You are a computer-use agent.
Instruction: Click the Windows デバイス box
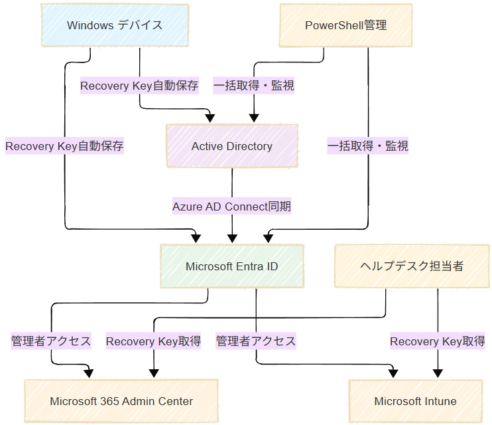(x=115, y=25)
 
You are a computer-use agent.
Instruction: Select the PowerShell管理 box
(x=345, y=25)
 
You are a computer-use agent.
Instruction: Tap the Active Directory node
(x=232, y=146)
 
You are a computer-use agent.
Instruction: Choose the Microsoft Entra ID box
(x=232, y=266)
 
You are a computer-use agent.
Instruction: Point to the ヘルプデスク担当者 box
(x=412, y=266)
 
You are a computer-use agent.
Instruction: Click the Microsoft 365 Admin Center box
(x=121, y=401)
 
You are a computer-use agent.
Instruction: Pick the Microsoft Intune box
(x=416, y=401)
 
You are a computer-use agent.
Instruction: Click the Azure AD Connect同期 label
(x=232, y=207)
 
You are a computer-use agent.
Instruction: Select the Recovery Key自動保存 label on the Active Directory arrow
(x=139, y=86)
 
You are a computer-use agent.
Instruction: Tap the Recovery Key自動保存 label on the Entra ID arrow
(x=64, y=146)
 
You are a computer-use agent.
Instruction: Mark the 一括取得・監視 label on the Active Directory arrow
(x=254, y=86)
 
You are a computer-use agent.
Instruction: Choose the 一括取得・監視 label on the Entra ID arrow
(x=368, y=146)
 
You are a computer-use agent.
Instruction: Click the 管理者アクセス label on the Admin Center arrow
(x=51, y=341)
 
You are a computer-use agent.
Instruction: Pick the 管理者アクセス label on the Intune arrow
(x=256, y=341)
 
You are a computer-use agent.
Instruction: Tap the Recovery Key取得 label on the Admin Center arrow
(x=153, y=341)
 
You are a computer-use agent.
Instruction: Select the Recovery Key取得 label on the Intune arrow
(x=438, y=341)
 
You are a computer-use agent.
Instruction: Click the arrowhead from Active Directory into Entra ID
(x=232, y=239)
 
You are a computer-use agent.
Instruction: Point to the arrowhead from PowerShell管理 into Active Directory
(x=254, y=118)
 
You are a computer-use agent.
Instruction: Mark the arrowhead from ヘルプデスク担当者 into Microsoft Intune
(x=438, y=374)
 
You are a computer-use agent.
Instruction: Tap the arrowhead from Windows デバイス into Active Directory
(x=210, y=118)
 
